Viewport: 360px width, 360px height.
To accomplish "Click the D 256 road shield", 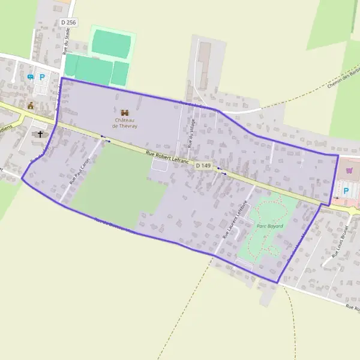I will [69, 22].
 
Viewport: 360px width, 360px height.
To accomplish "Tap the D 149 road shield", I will [203, 165].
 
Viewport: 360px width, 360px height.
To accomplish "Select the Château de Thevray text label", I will [125, 122].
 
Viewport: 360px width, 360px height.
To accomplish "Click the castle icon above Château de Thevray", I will [125, 112].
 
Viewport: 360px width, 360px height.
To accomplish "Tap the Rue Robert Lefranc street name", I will [167, 158].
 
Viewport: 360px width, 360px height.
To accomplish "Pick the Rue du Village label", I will [191, 133].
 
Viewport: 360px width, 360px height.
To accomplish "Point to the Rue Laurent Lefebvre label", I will [235, 220].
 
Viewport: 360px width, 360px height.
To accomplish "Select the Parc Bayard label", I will [269, 226].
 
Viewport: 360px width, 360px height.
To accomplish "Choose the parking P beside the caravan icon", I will [42, 77].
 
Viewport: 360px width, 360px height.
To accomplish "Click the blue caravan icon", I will [30, 77].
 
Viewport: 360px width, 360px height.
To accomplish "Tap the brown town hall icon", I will [31, 106].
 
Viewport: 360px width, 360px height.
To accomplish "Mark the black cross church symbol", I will [41, 134].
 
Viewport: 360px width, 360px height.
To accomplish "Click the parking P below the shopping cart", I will [346, 191].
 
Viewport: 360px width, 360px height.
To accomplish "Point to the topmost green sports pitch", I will [112, 44].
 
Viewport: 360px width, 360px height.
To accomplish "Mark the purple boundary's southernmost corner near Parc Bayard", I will [277, 283].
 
